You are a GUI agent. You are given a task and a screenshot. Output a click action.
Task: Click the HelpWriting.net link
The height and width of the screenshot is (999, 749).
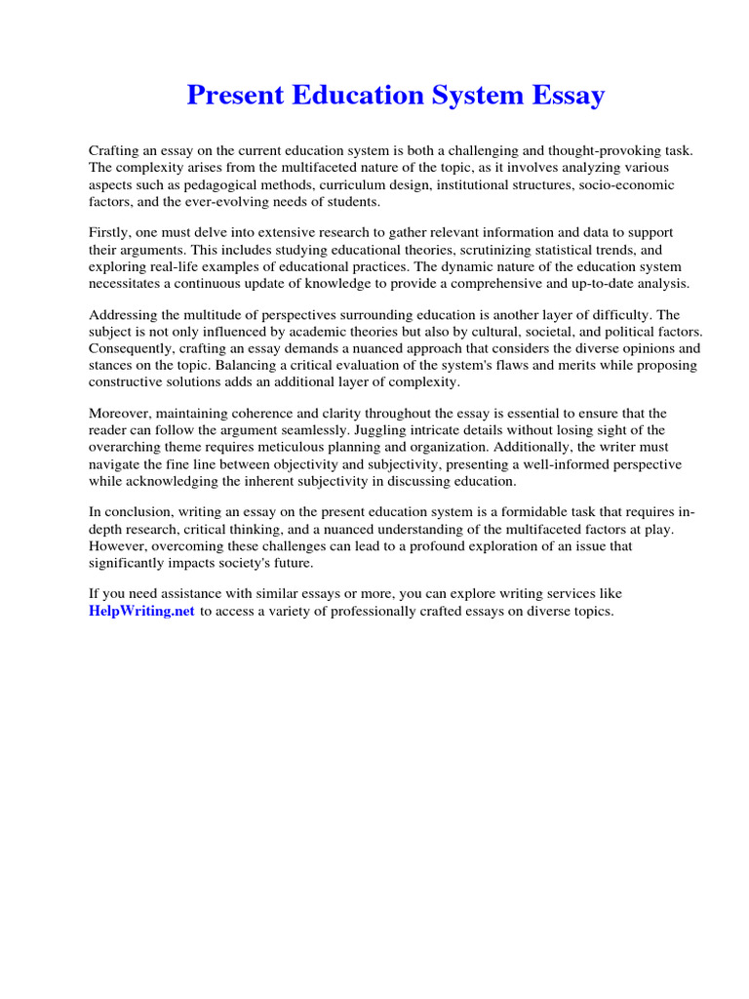[x=142, y=611]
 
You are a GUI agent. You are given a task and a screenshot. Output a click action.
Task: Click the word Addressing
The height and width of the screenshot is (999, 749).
[x=124, y=314]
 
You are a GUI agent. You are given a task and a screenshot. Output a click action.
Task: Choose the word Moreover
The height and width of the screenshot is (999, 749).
[x=120, y=413]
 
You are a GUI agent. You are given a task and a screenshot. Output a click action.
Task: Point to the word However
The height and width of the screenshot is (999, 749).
[x=116, y=546]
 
